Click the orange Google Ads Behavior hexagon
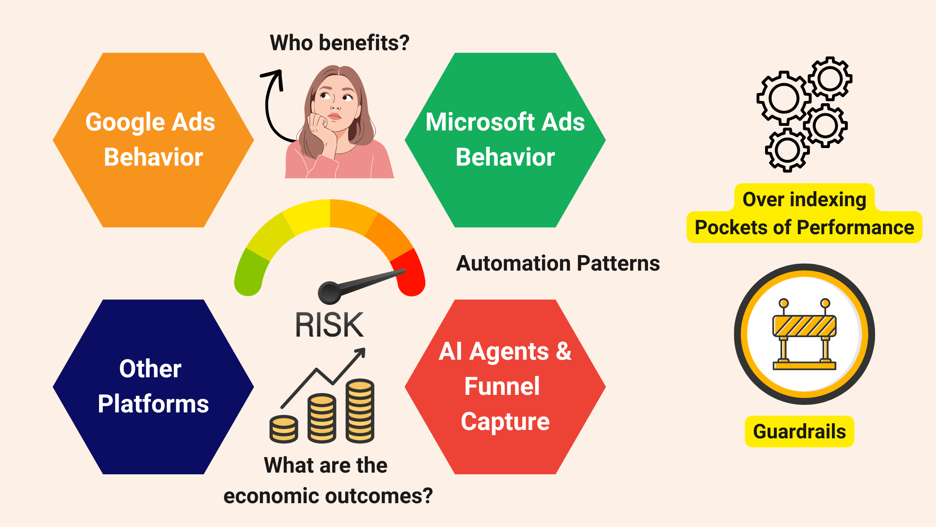[153, 140]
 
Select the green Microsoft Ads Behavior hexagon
[505, 140]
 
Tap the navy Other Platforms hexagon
[153, 387]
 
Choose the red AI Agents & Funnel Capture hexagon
[505, 387]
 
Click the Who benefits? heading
[339, 43]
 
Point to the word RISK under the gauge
[329, 325]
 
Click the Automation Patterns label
[558, 263]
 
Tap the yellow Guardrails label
[799, 432]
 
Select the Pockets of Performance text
[804, 228]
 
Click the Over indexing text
[804, 200]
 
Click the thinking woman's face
[335, 105]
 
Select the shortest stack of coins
[284, 429]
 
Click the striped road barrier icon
[804, 335]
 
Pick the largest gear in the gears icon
[783, 98]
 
